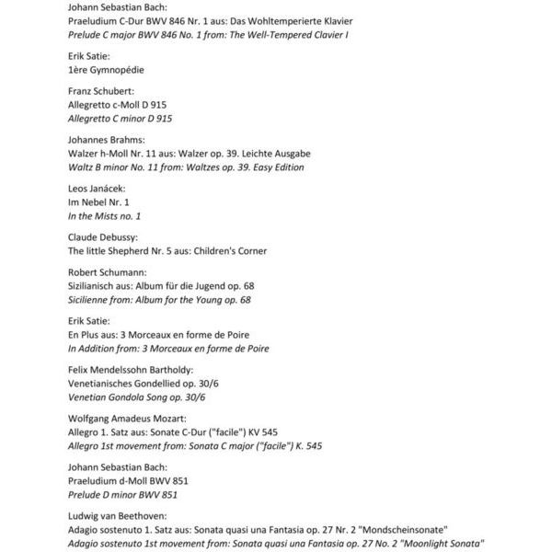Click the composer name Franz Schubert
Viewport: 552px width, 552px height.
[101, 91]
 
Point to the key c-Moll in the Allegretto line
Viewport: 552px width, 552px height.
[124, 105]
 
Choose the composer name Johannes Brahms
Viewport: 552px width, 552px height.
[107, 139]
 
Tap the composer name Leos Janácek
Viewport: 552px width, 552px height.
[97, 188]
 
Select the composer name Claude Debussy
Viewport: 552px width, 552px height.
[104, 236]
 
